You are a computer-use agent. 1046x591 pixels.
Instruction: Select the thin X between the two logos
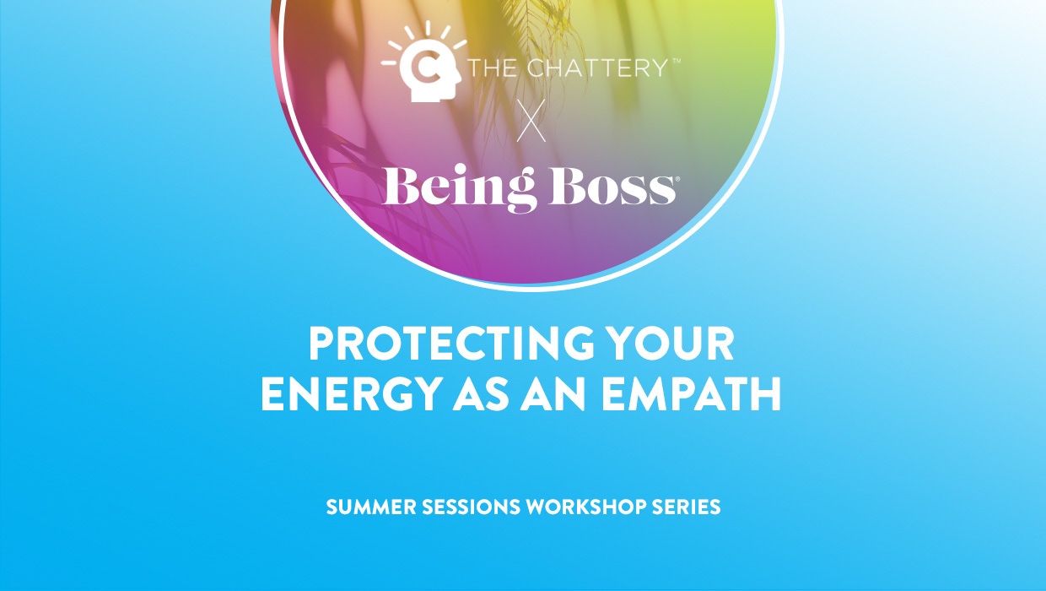(x=531, y=121)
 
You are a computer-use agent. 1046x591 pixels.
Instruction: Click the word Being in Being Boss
(x=459, y=189)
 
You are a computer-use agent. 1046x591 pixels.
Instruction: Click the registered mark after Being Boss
(x=672, y=177)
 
